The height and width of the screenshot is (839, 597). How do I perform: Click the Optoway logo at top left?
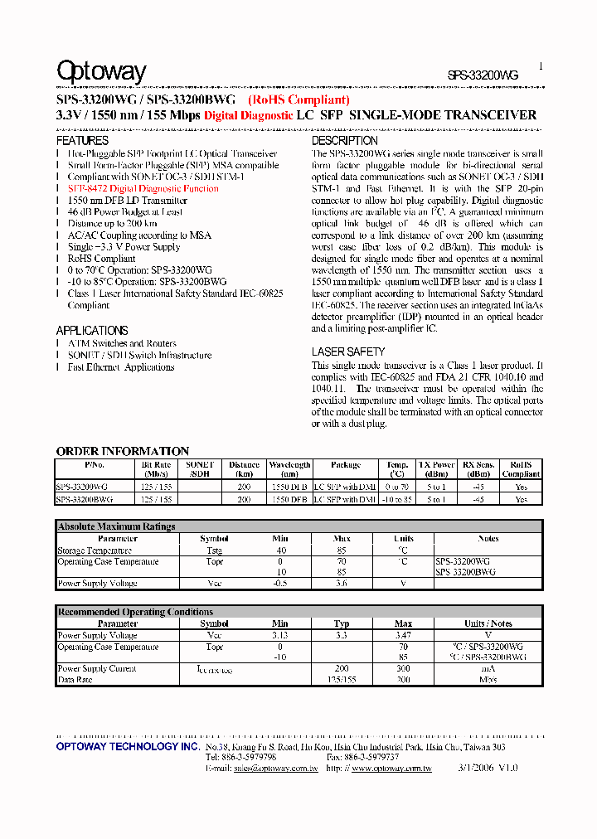click(101, 73)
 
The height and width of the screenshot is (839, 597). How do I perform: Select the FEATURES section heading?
click(82, 141)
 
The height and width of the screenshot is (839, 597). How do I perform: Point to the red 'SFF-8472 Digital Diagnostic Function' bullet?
click(143, 188)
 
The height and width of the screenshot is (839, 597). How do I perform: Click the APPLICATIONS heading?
click(92, 330)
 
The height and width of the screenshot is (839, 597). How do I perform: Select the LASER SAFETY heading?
click(348, 352)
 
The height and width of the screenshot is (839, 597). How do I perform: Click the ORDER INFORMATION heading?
click(123, 451)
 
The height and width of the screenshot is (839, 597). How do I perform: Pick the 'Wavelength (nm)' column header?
click(289, 469)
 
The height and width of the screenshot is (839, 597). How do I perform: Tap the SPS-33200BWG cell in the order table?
click(85, 500)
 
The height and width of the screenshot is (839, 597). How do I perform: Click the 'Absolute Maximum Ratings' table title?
click(117, 526)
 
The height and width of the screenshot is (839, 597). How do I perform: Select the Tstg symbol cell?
click(214, 550)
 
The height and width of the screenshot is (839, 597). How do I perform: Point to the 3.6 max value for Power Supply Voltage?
click(342, 584)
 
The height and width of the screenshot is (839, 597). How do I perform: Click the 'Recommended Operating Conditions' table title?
click(135, 612)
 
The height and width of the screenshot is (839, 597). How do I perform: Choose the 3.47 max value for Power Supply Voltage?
click(403, 635)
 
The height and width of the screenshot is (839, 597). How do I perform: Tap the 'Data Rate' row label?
click(75, 679)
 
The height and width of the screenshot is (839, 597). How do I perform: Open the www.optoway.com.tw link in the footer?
click(391, 769)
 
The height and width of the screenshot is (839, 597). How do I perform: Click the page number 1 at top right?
click(541, 66)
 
